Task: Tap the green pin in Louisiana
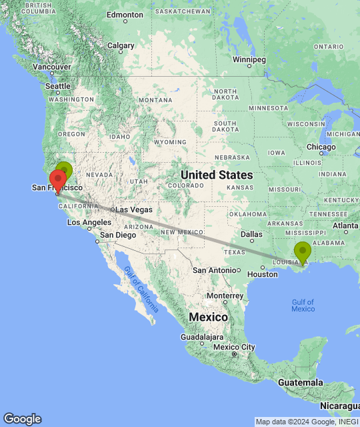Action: point(303,252)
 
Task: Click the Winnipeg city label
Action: point(249,60)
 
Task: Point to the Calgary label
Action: point(121,46)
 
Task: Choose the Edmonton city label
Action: point(125,14)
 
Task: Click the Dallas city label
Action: point(251,234)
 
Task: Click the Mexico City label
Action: point(234,347)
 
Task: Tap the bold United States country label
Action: point(217,175)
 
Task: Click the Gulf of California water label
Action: point(141,289)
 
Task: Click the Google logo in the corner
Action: point(21,419)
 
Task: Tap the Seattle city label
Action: point(57,87)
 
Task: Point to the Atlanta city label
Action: point(345,226)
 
